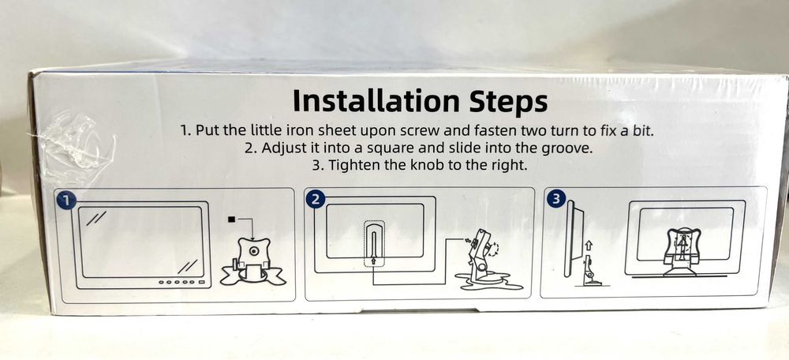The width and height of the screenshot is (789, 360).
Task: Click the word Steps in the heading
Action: coord(505,103)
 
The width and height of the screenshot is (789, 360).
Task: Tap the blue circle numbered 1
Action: coord(66,201)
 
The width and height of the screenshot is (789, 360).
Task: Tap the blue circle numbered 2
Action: coord(315,200)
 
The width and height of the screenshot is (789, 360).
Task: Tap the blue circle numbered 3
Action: coord(555,200)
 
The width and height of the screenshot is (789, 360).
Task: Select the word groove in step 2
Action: coord(567,149)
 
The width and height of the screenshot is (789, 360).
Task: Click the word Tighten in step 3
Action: coord(352,165)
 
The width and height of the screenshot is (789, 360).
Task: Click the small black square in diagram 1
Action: coord(231,219)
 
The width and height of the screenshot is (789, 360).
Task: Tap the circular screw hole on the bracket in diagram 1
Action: coord(253,251)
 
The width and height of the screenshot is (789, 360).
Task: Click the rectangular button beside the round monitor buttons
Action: coord(202,282)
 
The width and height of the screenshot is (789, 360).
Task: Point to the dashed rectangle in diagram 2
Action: coord(374,244)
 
